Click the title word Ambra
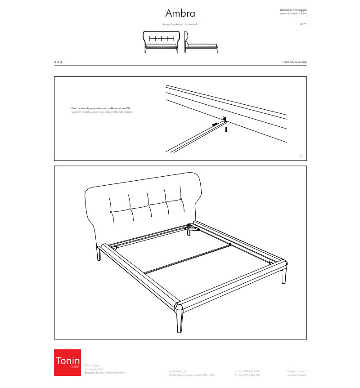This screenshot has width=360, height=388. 180,13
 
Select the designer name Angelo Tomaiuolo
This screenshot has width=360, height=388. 185,24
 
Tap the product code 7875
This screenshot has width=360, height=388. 303,24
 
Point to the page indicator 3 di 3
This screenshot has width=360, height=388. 58,61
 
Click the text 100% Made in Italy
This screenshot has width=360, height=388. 294,61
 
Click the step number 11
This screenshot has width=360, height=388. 301,156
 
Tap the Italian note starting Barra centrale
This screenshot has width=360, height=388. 101,108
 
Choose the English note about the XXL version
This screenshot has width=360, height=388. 102,112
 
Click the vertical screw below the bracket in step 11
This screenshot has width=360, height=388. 226,129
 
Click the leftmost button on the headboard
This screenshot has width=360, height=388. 111,211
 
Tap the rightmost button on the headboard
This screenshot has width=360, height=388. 181,199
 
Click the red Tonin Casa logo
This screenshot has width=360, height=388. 67,362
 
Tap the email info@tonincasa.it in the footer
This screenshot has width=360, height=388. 296,371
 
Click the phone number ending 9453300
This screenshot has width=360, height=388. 247,371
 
